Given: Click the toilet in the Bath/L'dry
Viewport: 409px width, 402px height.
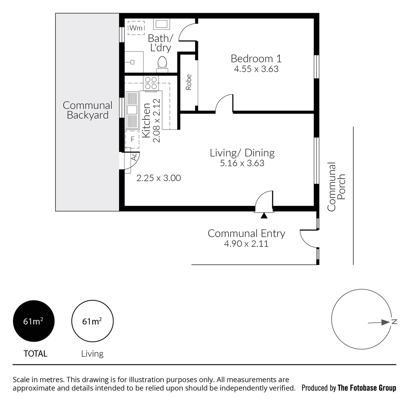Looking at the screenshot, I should tap(162, 64).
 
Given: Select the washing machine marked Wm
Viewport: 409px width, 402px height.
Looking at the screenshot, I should tap(136, 28).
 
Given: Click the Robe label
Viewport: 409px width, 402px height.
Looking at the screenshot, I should tap(189, 82).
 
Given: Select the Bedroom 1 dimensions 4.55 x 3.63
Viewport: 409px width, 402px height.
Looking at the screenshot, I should tap(256, 69).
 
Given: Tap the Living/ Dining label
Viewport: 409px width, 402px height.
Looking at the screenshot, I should tap(242, 153).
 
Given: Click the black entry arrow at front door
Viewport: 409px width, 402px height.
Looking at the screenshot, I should tap(264, 215).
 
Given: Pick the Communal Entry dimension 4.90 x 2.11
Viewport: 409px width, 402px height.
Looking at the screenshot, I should tap(246, 244).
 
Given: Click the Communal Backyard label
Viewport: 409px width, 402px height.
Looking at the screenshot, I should tap(87, 110).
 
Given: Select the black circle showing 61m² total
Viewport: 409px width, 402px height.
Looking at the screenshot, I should tap(34, 321).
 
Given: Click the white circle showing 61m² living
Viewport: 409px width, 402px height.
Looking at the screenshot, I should tap(92, 321).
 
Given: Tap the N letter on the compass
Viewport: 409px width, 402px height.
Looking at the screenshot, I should tap(394, 322).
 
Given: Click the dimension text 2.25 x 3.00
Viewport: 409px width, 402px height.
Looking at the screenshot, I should tap(159, 178).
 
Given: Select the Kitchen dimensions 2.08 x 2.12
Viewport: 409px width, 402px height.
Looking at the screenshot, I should tap(157, 120).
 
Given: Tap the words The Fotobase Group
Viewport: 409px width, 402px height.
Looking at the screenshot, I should tap(367, 388).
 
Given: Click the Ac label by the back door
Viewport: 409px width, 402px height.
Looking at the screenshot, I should tap(134, 156).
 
